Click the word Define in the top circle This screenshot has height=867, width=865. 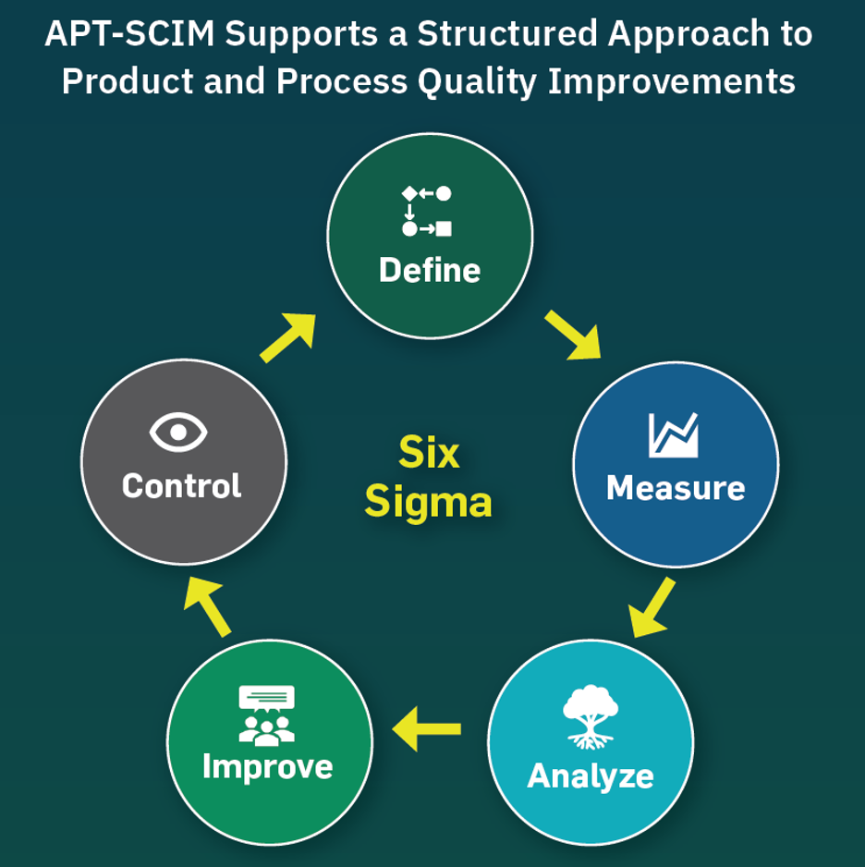click(430, 270)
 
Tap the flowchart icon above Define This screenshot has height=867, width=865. click(427, 211)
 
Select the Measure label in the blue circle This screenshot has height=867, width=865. click(676, 488)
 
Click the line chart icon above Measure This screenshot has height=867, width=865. click(673, 435)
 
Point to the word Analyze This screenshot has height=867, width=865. click(591, 776)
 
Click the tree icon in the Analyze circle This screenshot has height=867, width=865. click(591, 716)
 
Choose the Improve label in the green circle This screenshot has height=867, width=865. click(267, 767)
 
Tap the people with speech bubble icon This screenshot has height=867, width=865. click(266, 714)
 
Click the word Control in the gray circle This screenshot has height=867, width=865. click(181, 485)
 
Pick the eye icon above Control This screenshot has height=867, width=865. click(178, 432)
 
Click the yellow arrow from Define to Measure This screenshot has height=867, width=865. click(573, 336)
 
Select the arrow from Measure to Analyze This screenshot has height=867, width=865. click(652, 607)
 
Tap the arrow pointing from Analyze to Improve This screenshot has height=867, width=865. click(426, 728)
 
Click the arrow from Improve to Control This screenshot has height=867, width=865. click(207, 607)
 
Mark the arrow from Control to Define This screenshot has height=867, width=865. click(287, 338)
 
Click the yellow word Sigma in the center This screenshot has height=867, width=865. click(429, 503)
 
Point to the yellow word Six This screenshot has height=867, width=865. click(429, 452)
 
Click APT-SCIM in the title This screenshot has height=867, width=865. click(129, 33)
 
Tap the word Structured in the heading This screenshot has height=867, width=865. click(507, 33)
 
